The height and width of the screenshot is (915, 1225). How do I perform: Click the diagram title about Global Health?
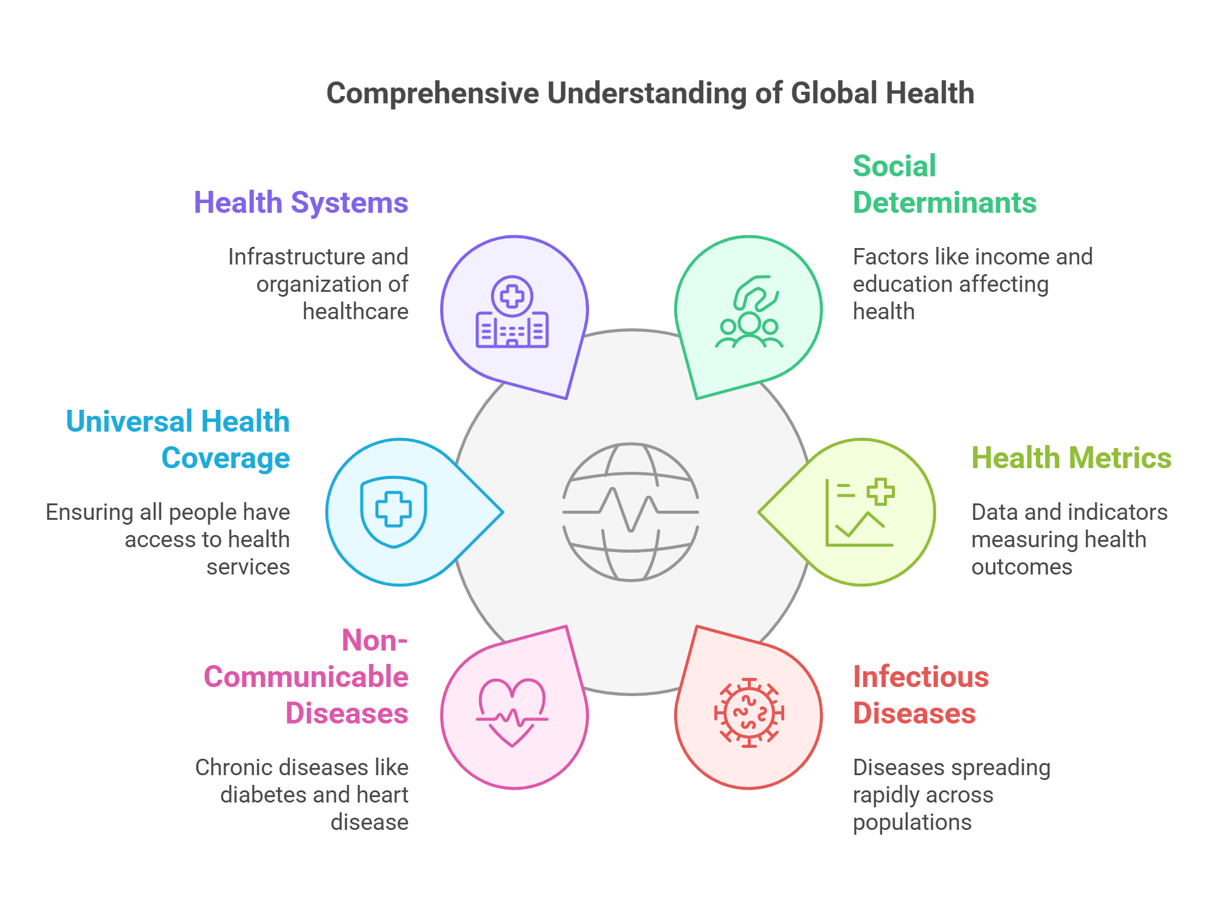pyautogui.click(x=650, y=94)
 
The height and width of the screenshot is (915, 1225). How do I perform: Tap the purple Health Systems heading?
pyautogui.click(x=300, y=202)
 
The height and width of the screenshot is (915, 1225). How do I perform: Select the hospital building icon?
pyautogui.click(x=512, y=312)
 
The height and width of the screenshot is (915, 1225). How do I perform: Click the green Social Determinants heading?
pyautogui.click(x=944, y=184)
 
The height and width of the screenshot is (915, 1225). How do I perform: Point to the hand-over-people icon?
pyautogui.click(x=749, y=311)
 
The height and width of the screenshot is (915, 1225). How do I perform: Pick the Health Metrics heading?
pyautogui.click(x=1071, y=458)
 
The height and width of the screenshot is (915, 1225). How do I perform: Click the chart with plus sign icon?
pyautogui.click(x=860, y=512)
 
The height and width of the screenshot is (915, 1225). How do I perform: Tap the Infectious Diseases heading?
pyautogui.click(x=920, y=695)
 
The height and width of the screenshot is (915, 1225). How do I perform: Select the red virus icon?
pyautogui.click(x=749, y=713)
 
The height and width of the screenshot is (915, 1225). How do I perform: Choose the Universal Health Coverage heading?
pyautogui.click(x=178, y=440)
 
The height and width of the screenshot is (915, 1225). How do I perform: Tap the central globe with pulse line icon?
pyautogui.click(x=630, y=512)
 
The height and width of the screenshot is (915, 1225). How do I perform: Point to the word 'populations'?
pyautogui.click(x=912, y=823)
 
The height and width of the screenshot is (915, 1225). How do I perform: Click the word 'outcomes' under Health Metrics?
pyautogui.click(x=1021, y=567)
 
